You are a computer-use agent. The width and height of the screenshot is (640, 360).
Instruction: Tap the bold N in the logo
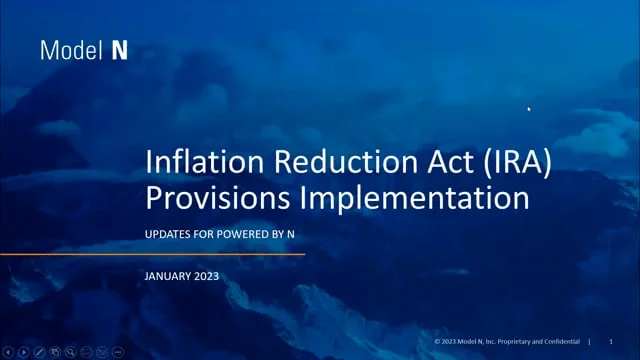click(119, 50)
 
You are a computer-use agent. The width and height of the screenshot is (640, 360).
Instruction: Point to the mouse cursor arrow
click(529, 109)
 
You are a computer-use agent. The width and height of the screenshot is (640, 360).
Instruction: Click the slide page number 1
click(610, 342)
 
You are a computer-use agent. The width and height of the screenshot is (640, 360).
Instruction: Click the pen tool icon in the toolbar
click(39, 352)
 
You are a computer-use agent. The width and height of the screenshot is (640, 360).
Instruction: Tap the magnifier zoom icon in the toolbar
click(71, 352)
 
